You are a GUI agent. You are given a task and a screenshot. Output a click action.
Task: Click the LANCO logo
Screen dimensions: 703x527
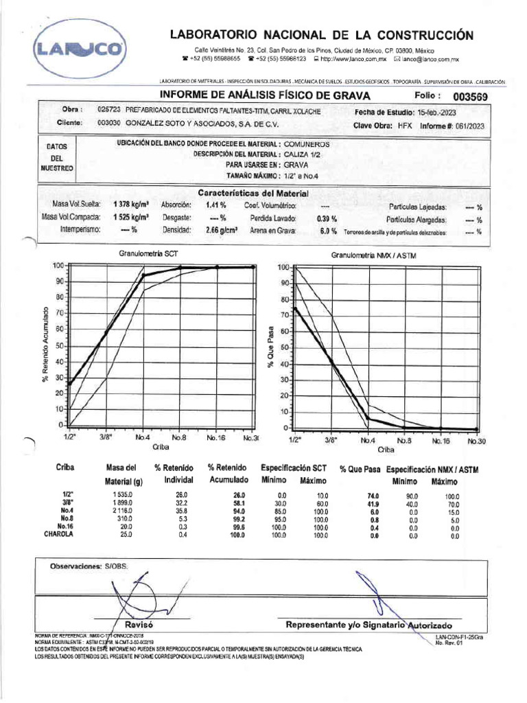81,49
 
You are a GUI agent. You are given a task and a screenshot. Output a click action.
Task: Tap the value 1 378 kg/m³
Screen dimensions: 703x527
132,205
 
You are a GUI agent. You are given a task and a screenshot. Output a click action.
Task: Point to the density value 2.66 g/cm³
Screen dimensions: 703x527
222,231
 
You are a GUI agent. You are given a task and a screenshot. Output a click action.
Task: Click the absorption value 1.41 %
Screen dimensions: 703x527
216,205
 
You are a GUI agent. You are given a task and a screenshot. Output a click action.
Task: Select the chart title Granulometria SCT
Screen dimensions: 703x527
149,253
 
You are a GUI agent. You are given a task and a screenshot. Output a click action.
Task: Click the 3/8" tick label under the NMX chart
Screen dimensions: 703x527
331,441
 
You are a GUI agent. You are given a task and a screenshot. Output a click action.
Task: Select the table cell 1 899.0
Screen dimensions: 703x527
123,503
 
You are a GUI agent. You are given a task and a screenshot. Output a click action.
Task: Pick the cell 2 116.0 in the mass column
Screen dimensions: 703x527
123,511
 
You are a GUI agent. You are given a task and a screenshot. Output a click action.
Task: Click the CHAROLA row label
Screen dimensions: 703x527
60,533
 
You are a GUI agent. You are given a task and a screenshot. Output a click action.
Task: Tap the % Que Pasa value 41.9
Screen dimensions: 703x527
373,503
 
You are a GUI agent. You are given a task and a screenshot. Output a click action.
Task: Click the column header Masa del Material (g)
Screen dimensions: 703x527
123,474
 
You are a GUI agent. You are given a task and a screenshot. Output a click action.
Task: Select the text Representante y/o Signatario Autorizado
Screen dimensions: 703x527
368,625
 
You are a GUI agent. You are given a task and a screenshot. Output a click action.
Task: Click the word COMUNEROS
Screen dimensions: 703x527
307,145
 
